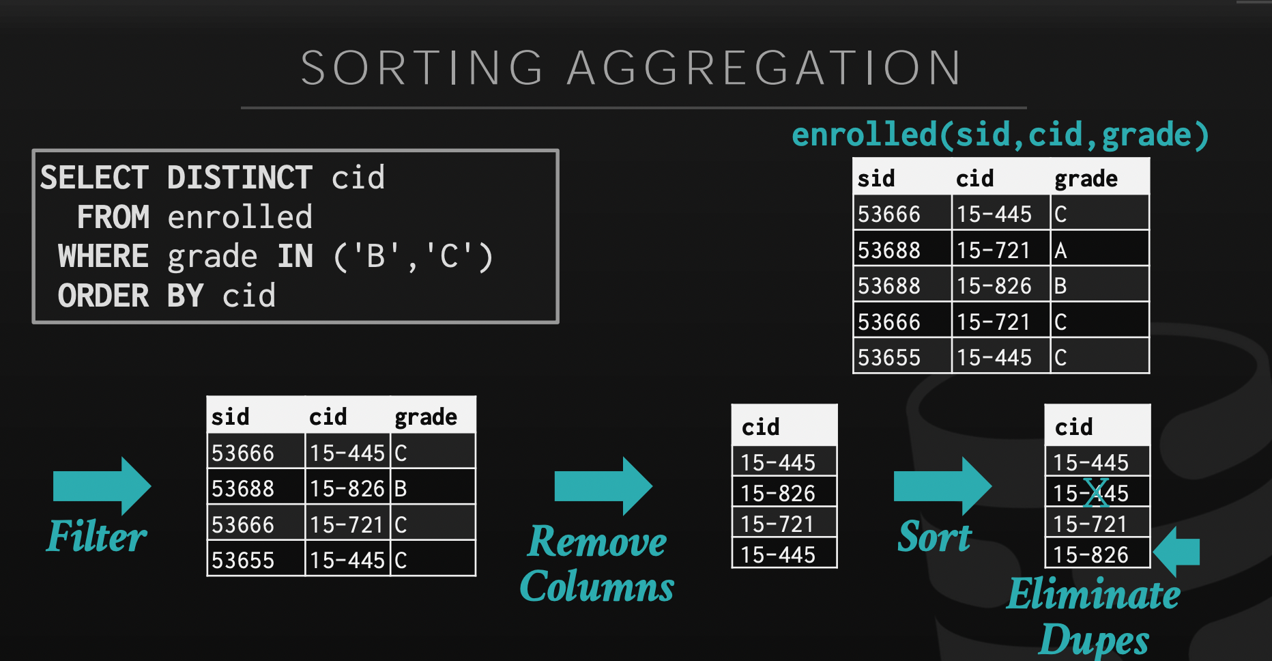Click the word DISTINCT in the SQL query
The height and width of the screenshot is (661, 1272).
click(240, 178)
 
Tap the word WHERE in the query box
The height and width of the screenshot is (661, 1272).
click(103, 257)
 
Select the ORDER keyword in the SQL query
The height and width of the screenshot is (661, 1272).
click(103, 296)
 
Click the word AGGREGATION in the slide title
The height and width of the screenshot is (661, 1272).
click(764, 68)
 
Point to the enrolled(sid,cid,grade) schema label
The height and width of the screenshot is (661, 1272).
click(1000, 134)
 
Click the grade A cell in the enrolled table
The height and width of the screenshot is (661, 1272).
click(1099, 250)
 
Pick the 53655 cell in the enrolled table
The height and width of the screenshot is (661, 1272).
click(902, 357)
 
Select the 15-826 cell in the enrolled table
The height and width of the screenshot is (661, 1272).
click(1000, 285)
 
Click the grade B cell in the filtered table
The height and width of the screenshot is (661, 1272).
click(433, 488)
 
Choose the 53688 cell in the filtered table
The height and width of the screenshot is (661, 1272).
click(256, 488)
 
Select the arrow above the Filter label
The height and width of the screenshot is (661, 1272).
click(102, 486)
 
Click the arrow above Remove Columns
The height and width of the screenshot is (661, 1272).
click(604, 486)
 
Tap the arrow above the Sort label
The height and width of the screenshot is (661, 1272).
click(943, 486)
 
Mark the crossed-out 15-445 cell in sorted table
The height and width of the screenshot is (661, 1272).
click(1097, 492)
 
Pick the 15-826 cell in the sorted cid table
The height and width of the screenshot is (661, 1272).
click(1097, 553)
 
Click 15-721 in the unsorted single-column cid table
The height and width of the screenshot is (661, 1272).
click(784, 523)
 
